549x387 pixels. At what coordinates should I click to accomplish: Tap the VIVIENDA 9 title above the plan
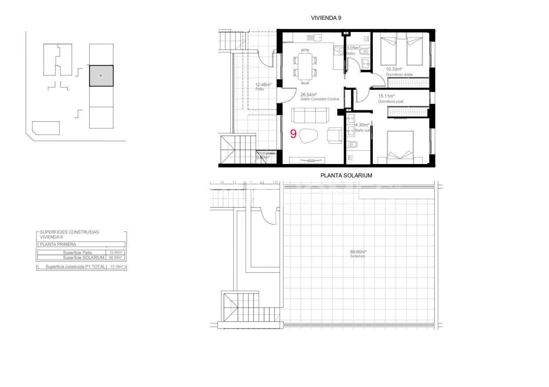tap(326, 18)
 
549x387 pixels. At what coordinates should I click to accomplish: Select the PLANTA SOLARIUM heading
tap(346, 175)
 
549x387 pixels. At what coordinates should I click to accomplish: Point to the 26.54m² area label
tap(309, 94)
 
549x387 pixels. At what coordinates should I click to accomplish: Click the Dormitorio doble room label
tap(400, 74)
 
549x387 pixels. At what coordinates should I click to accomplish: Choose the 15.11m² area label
tap(386, 96)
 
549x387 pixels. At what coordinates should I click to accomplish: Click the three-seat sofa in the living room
tap(309, 116)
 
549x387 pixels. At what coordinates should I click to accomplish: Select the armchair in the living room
tap(335, 135)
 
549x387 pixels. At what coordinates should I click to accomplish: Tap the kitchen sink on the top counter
tap(314, 37)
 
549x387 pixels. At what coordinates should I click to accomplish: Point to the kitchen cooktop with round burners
tap(338, 50)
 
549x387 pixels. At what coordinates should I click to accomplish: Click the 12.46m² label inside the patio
tap(263, 84)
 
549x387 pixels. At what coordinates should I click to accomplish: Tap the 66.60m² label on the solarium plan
tap(358, 252)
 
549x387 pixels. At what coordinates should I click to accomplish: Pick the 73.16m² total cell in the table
tap(116, 267)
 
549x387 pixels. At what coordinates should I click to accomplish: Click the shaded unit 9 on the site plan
tap(101, 76)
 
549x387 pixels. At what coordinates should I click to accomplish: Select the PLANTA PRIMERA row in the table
tap(81, 244)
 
